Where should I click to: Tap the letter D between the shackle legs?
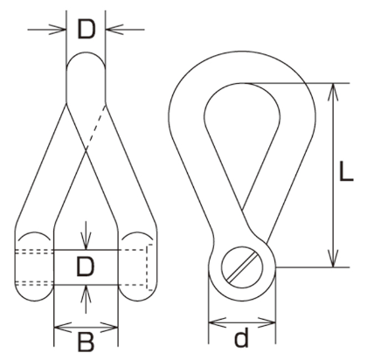(86, 267)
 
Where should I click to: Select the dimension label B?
(86, 341)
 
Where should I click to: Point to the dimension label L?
(346, 171)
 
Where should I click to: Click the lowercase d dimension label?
(241, 336)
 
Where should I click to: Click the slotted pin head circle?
(242, 265)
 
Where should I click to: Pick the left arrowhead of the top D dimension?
(58, 29)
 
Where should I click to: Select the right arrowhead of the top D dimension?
(114, 29)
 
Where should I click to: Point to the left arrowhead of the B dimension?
(63, 328)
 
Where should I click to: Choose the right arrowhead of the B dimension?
(109, 328)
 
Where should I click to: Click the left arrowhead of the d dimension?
(218, 322)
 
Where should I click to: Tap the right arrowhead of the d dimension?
(267, 322)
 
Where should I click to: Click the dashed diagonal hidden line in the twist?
(95, 128)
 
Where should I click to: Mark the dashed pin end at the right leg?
(149, 267)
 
